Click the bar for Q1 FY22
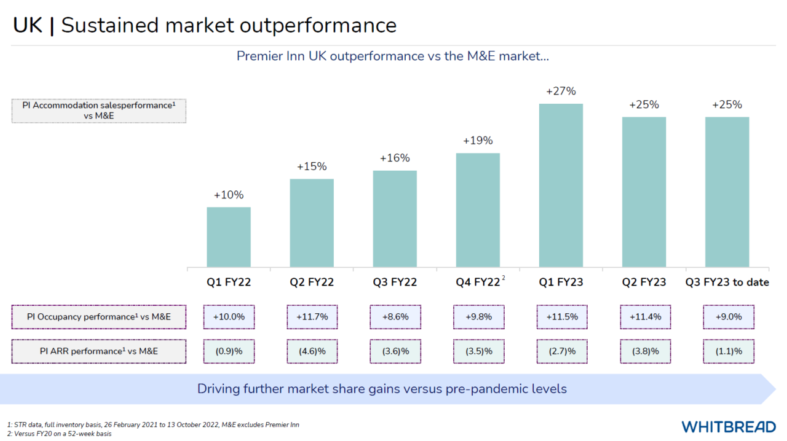click(x=229, y=237)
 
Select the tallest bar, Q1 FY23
click(x=561, y=185)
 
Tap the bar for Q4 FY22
click(x=478, y=210)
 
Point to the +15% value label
click(x=312, y=166)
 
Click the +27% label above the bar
click(x=561, y=92)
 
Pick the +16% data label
click(x=395, y=158)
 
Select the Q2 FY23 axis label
click(x=644, y=283)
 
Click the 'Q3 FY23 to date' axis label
click(x=727, y=283)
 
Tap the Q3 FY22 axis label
click(x=395, y=283)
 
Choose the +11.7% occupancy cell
click(x=312, y=317)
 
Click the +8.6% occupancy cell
click(x=395, y=317)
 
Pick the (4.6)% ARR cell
click(x=312, y=351)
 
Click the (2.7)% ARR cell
click(x=561, y=351)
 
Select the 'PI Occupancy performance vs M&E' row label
click(x=99, y=317)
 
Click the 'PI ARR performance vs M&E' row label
click(x=99, y=351)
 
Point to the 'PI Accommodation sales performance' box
click(x=99, y=111)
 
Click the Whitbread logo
click(x=728, y=426)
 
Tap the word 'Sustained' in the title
click(x=148, y=25)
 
